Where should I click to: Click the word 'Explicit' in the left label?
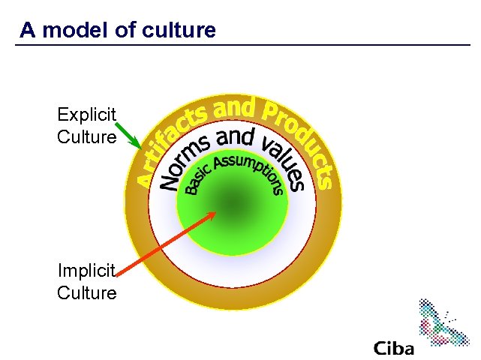coord(86,115)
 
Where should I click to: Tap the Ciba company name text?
coord(393,348)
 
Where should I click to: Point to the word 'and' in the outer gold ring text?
coord(233,109)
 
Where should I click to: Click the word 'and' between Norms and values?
coord(234,137)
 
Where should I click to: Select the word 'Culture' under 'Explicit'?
coord(86,137)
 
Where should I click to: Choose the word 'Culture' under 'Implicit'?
coord(86,293)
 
